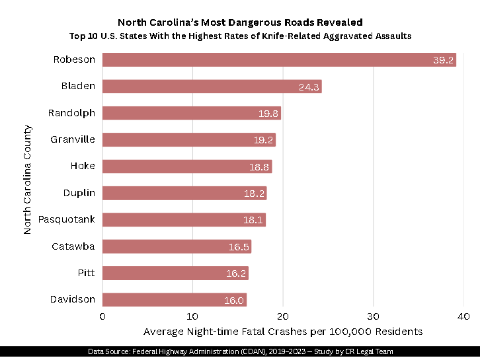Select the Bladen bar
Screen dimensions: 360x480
[x=212, y=87]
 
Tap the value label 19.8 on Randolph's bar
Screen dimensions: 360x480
[x=268, y=114]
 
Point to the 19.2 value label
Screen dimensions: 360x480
[x=263, y=140]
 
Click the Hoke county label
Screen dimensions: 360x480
[x=83, y=166]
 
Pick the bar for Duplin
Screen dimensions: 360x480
[x=184, y=194]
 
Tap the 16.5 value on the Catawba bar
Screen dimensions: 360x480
[x=239, y=247]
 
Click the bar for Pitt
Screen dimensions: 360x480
[x=175, y=273]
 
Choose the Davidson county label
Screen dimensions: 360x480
[x=73, y=300]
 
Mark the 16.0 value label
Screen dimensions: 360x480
[x=233, y=301]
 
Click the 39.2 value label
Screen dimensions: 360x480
[x=443, y=61]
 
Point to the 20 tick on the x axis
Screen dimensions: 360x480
[x=283, y=316]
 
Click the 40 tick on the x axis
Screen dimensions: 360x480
[x=463, y=316]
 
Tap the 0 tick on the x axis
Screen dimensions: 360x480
[x=102, y=316]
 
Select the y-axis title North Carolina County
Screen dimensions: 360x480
[x=27, y=180]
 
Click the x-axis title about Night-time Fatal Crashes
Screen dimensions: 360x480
[x=283, y=331]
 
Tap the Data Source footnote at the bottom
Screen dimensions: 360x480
[x=241, y=351]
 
